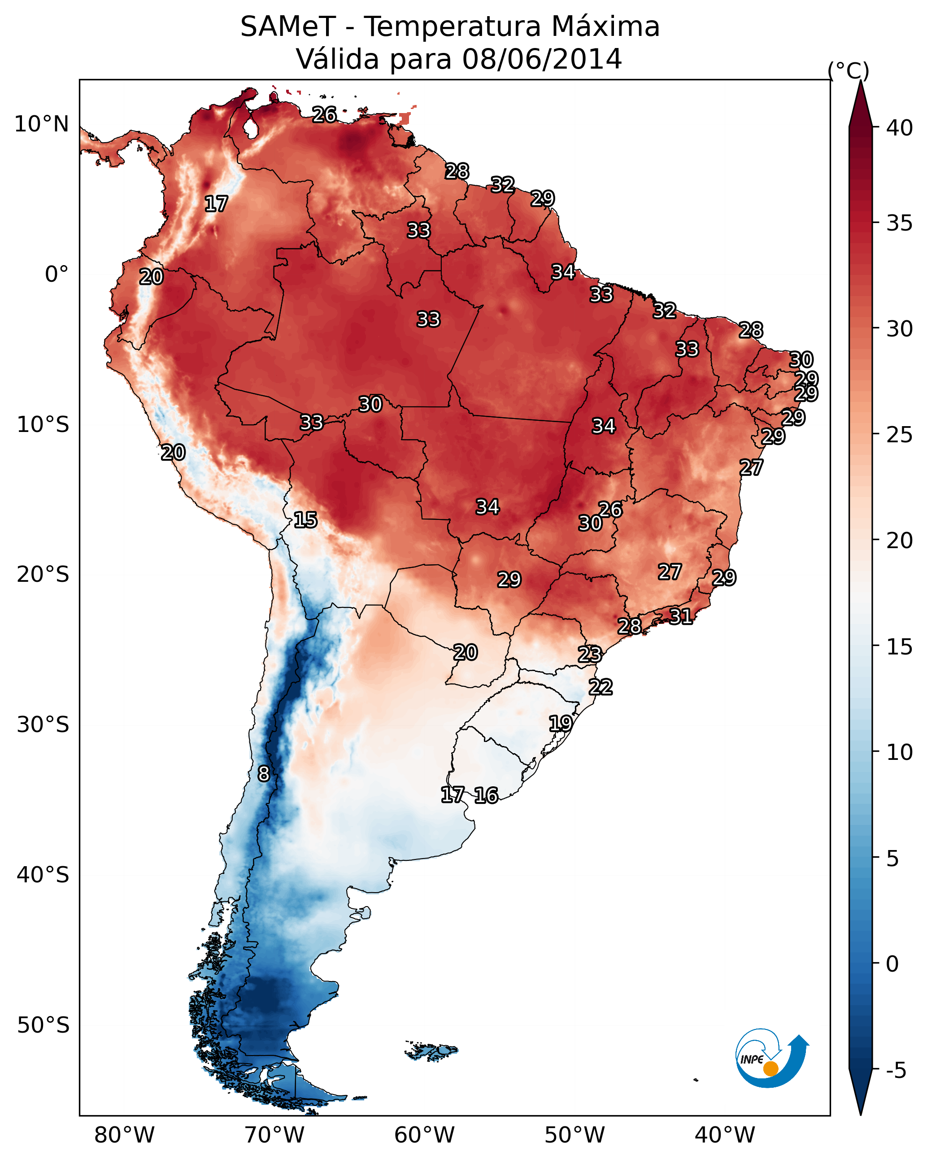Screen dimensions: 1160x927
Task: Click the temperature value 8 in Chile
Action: click(x=263, y=774)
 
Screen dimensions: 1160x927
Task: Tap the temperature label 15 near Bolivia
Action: click(x=305, y=520)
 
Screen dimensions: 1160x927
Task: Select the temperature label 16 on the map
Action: click(x=486, y=795)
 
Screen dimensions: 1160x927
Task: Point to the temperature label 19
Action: click(x=560, y=723)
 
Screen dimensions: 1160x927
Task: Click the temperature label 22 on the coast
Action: click(x=601, y=687)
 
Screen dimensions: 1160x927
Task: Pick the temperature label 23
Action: click(x=590, y=654)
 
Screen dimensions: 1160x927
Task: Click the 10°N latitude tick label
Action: click(x=41, y=124)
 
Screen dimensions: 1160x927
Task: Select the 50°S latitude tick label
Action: click(x=43, y=1025)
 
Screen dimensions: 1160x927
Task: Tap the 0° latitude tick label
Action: click(x=57, y=275)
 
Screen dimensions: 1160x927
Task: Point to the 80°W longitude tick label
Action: click(x=124, y=1135)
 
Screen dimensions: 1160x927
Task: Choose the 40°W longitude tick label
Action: click(x=725, y=1135)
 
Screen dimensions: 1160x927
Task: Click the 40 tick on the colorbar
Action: click(x=900, y=128)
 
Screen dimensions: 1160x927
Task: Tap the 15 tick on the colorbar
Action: click(x=900, y=647)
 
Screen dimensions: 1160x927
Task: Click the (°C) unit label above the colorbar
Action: click(x=849, y=70)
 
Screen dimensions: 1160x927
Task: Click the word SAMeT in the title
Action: click(x=288, y=27)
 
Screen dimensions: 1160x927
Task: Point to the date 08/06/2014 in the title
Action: click(x=542, y=59)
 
